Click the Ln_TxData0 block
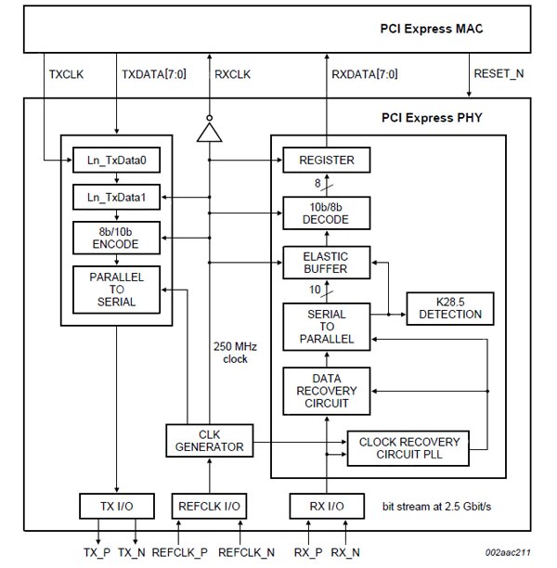[116, 161]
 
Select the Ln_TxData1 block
[116, 197]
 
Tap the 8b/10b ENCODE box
[116, 238]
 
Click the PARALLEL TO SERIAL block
[116, 290]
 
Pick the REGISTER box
[326, 161]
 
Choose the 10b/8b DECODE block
[326, 212]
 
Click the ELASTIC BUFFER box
[326, 263]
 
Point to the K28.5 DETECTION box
[450, 307]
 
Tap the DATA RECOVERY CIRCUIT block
[326, 391]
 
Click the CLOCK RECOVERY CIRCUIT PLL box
[416, 447]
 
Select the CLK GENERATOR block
[209, 440]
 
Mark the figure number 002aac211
[509, 553]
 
